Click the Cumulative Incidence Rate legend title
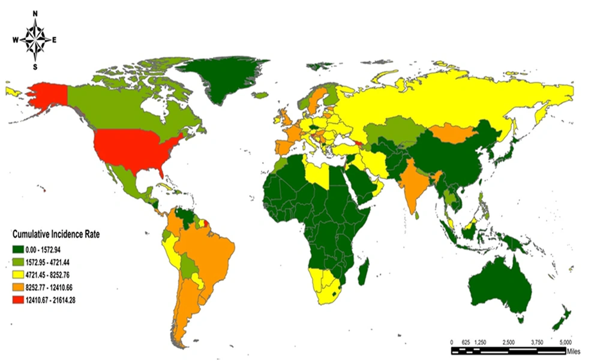pyautogui.click(x=59, y=234)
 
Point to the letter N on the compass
pyautogui.click(x=35, y=13)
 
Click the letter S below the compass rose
pyautogui.click(x=35, y=66)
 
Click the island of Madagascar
pyautogui.click(x=363, y=273)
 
